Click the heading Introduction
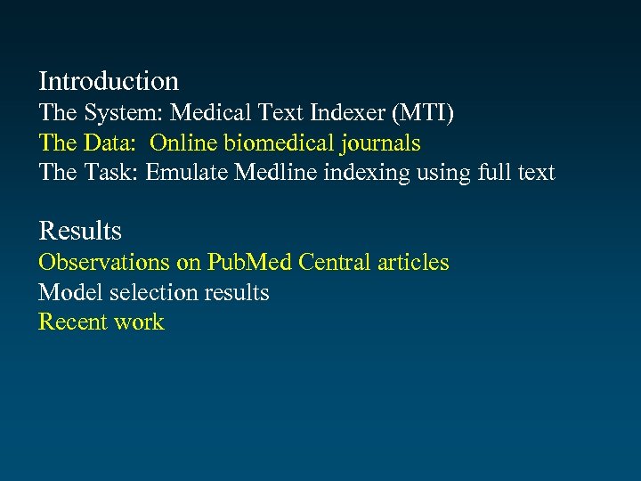109,82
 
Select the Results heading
80,232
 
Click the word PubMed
250,262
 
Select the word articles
413,262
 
